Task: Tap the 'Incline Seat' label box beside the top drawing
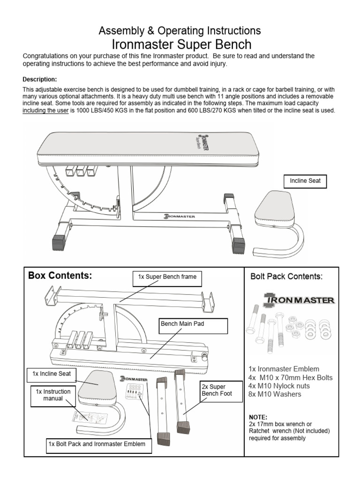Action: tap(305, 180)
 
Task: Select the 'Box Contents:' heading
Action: tap(60, 276)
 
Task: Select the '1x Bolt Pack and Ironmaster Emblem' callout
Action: tap(99, 443)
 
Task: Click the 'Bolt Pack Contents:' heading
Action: tap(286, 277)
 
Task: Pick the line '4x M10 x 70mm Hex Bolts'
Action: tap(290, 378)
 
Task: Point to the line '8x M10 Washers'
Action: tap(275, 394)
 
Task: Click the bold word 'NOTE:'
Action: tap(258, 417)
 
